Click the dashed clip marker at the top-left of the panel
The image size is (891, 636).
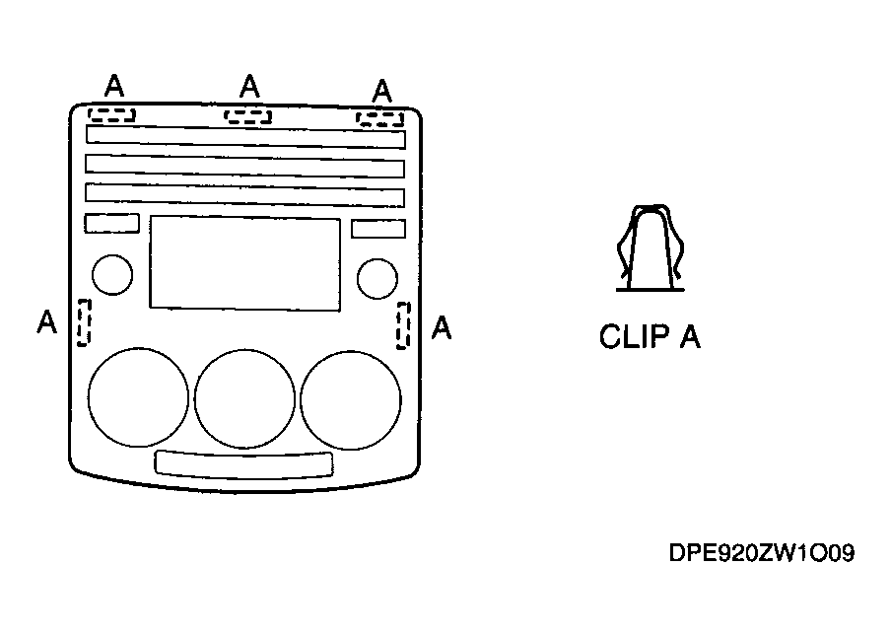(111, 114)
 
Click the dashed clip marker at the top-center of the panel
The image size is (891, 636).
(247, 116)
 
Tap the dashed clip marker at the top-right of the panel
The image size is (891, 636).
(380, 118)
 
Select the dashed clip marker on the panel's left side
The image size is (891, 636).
(84, 322)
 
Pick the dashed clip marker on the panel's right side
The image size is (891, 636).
(403, 325)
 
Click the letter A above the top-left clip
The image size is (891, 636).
(114, 86)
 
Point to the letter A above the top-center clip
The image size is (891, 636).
(249, 87)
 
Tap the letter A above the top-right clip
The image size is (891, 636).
(382, 91)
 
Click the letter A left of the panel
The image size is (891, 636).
(47, 321)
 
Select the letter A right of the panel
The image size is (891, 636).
(442, 328)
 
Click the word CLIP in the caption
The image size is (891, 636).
(635, 336)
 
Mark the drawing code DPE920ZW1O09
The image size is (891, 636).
(762, 553)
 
